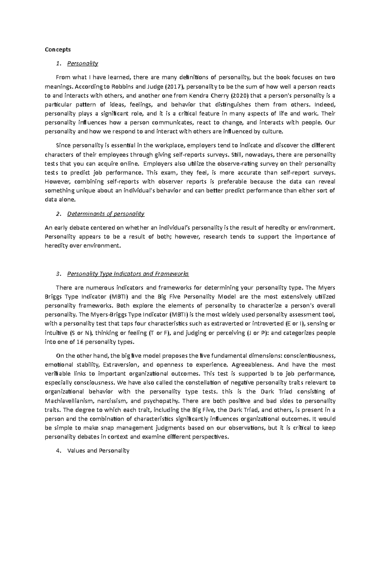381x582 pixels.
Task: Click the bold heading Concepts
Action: [x=58, y=49]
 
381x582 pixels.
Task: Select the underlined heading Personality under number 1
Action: [x=83, y=63]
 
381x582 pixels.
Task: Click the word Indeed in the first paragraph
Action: [x=324, y=105]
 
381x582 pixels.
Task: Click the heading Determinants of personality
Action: [x=106, y=214]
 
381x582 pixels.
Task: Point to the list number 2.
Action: [x=57, y=214]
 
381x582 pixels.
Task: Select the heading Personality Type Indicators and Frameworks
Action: [x=128, y=274]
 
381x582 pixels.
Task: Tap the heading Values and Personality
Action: [x=98, y=450]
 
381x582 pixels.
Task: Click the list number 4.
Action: [x=57, y=450]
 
